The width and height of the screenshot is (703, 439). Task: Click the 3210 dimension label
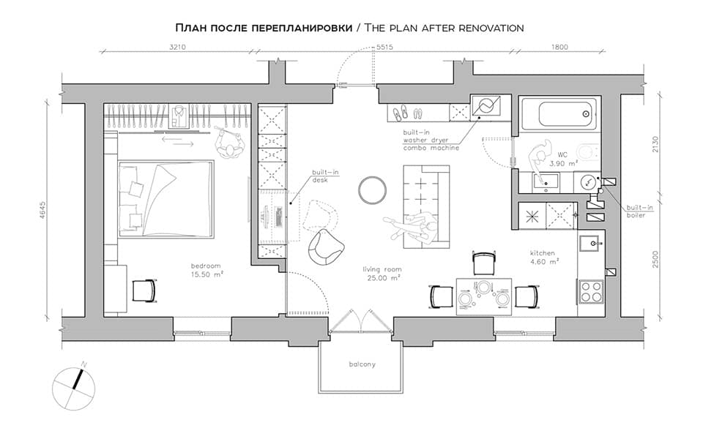click(x=177, y=47)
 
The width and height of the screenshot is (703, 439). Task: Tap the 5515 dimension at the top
click(x=384, y=47)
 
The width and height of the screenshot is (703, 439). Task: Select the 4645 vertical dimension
click(x=43, y=210)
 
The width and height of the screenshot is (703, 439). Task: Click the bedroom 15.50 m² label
click(x=207, y=270)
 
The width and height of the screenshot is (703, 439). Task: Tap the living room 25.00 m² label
click(x=382, y=273)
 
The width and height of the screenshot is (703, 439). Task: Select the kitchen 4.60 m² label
click(x=544, y=257)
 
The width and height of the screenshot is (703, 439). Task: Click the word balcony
click(x=362, y=364)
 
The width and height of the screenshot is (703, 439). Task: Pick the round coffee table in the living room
click(x=372, y=190)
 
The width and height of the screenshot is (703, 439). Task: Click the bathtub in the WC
click(x=559, y=114)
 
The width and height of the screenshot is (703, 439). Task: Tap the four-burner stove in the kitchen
click(x=592, y=291)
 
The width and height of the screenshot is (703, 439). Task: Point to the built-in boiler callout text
click(x=639, y=211)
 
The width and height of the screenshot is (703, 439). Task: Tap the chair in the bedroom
click(x=144, y=290)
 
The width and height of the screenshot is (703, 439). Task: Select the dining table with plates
click(x=484, y=296)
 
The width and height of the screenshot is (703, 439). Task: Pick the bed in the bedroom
click(x=165, y=199)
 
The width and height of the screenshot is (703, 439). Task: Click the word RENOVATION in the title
click(x=491, y=28)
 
